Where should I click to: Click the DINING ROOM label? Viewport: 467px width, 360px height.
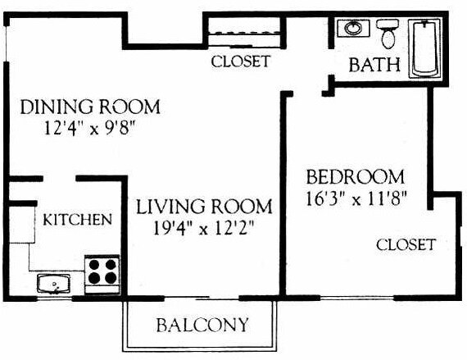coord(89,107)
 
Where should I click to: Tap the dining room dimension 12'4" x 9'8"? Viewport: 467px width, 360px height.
coord(90,128)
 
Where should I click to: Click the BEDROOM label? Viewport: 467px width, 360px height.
coord(355,176)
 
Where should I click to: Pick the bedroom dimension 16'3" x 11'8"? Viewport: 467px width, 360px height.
coord(356,198)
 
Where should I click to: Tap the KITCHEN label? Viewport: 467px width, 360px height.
coord(77,220)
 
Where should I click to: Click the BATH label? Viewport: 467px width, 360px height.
coord(374,65)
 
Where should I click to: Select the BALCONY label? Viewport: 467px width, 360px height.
coord(201,325)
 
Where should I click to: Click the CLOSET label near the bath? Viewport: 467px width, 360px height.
coord(240,62)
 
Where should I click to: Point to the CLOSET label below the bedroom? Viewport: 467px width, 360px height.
coord(406,244)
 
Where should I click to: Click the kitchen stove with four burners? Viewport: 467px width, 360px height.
coord(103,271)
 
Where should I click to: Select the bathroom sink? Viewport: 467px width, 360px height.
coord(354,29)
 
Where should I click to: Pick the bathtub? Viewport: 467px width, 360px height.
coord(426,48)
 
